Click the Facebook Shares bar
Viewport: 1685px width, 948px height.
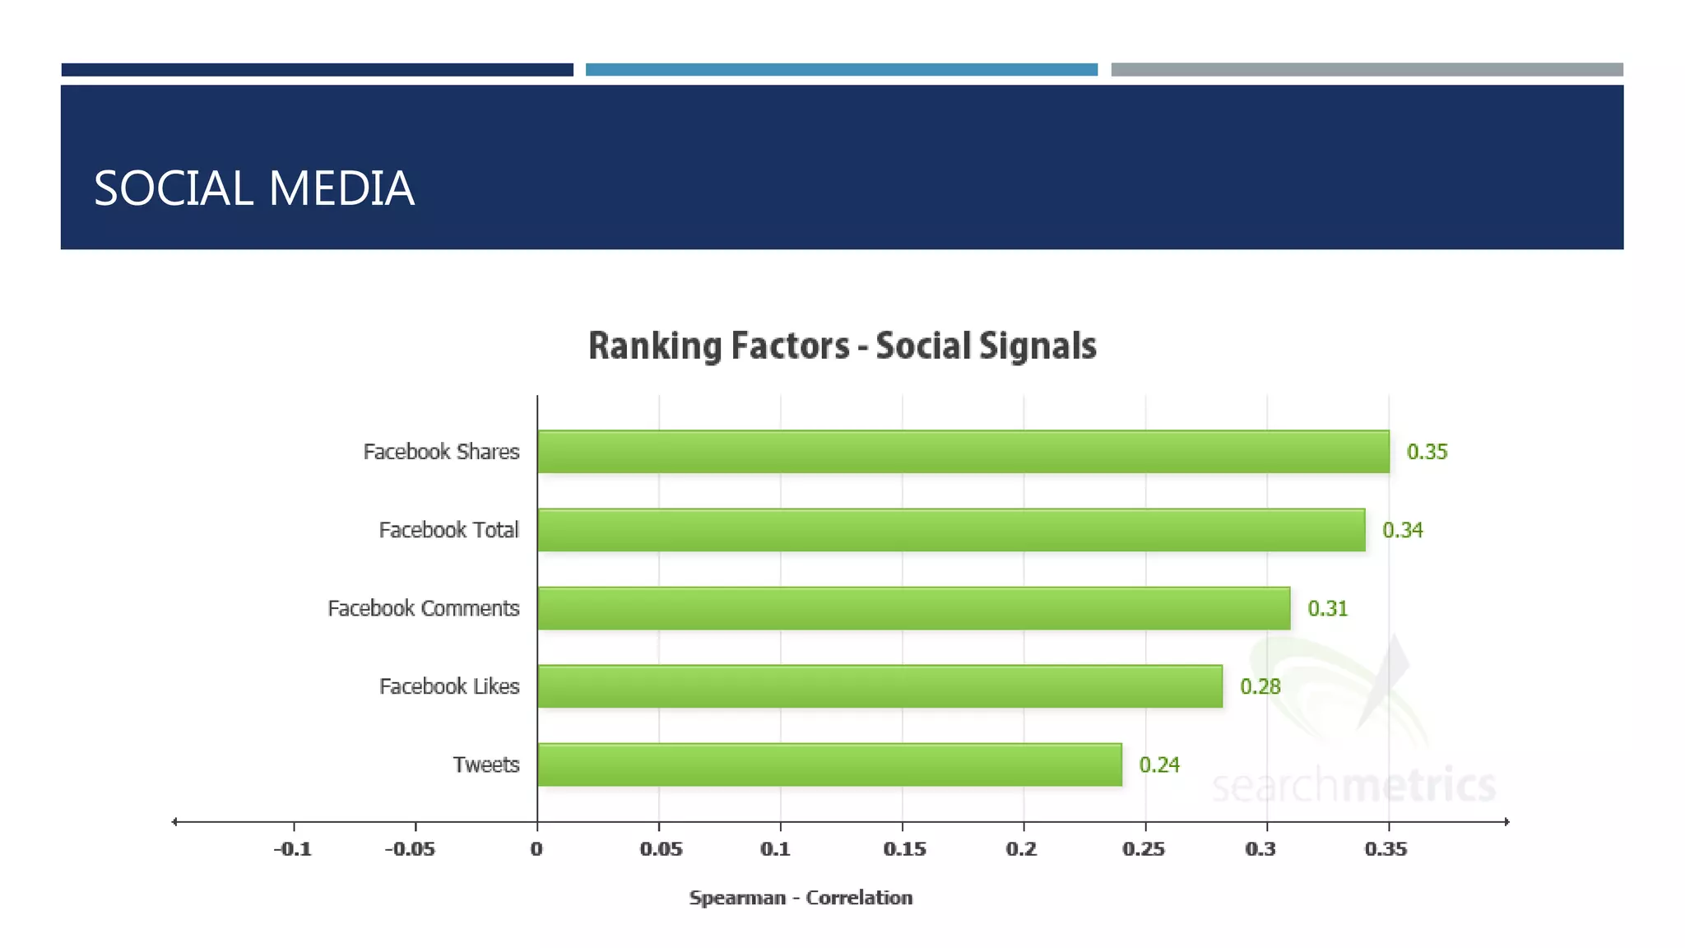point(963,452)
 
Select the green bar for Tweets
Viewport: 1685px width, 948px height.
point(829,764)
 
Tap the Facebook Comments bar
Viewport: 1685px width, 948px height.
point(913,608)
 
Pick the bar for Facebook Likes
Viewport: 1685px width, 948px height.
point(880,686)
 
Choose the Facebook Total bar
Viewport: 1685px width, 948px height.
point(951,530)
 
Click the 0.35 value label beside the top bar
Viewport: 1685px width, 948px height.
point(1427,452)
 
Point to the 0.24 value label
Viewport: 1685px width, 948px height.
point(1158,765)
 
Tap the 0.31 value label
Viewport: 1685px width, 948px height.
point(1327,609)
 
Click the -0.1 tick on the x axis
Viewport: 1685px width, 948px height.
point(293,848)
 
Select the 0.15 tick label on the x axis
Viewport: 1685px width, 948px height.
point(903,848)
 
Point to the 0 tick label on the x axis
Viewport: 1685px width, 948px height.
point(536,848)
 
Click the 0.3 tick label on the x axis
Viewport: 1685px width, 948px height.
point(1260,848)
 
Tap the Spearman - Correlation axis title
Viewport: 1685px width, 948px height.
point(801,898)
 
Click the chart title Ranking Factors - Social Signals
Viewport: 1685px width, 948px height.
point(842,346)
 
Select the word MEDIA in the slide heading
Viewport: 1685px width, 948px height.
point(341,188)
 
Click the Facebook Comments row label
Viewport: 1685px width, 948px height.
point(423,609)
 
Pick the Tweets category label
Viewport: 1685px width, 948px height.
point(485,765)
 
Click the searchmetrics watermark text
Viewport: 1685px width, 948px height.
point(1353,785)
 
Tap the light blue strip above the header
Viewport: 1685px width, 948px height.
point(841,70)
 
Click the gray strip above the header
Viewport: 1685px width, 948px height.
point(1366,70)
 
